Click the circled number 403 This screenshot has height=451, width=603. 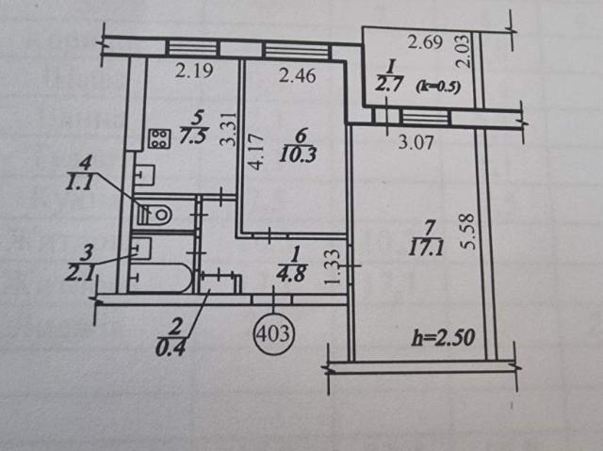pos(274,333)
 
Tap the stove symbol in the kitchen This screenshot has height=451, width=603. pos(159,138)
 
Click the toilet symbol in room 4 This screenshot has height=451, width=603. pos(154,214)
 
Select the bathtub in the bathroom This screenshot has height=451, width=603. pos(161,278)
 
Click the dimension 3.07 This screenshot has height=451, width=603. pos(416,143)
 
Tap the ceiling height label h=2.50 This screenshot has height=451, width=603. pos(443,338)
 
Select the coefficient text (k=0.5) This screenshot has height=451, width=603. pos(438,88)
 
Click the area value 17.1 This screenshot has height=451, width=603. pos(427,248)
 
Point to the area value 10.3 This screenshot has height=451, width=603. pos(298,155)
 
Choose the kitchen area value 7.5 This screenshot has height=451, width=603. pos(194,136)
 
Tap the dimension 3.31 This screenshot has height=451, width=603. pos(228,129)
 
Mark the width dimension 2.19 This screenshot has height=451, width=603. pos(194,71)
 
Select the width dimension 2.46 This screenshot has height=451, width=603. pos(298,75)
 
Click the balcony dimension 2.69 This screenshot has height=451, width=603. pos(425,41)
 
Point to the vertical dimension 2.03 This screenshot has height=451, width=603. pos(463,52)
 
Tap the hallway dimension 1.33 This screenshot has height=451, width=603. pos(333,267)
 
